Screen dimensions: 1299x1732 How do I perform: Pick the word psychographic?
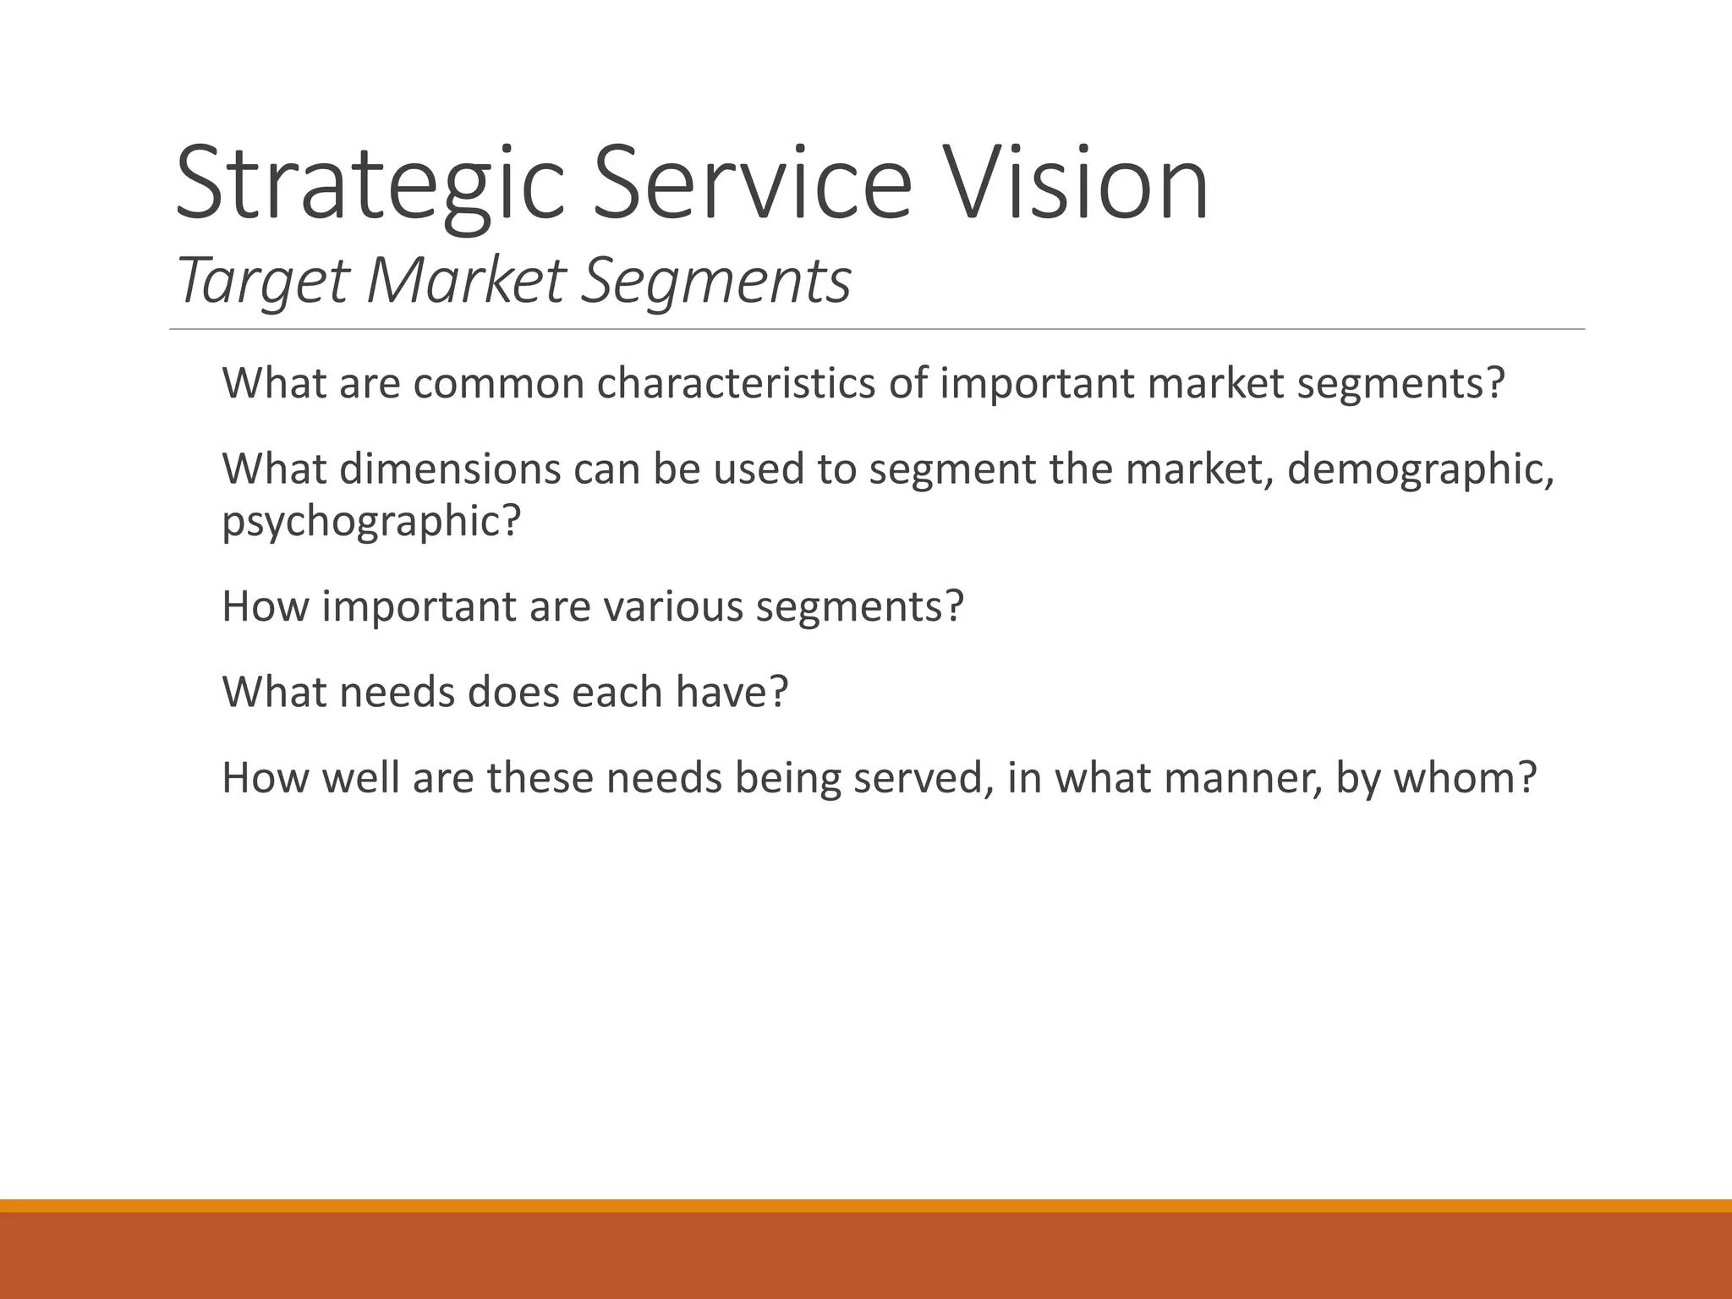(370, 521)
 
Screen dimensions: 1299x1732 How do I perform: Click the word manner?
(1241, 778)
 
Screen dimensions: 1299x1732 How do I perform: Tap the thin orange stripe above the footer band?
(866, 1205)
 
